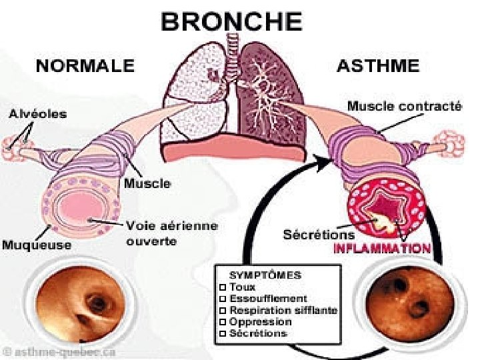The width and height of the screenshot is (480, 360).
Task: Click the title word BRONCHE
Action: pos(231,23)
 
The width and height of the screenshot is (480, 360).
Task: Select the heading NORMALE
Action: pos(85,66)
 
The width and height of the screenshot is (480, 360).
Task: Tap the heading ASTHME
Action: pos(378,66)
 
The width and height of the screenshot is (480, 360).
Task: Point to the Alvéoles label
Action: pos(37,114)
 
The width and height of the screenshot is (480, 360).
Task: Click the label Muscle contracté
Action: pos(405,106)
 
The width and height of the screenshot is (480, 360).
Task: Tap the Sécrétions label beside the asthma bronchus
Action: pos(319,235)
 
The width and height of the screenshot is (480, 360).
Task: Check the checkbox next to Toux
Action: pos(223,287)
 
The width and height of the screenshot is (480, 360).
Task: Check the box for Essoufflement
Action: pos(223,299)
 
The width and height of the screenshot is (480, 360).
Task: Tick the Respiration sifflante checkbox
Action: pos(223,311)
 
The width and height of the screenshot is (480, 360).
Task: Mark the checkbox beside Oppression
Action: pos(223,322)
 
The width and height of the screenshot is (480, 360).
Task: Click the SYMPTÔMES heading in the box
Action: pos(265,274)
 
